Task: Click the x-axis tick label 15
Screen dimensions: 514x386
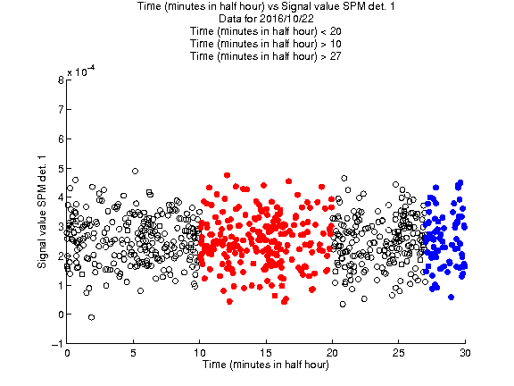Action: (266, 353)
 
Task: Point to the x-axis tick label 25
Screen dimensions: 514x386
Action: (398, 353)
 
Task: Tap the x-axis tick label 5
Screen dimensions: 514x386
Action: (133, 353)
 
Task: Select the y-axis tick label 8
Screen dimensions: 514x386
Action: (61, 80)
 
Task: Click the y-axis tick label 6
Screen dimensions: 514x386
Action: (61, 138)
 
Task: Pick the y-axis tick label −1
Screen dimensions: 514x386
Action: (57, 343)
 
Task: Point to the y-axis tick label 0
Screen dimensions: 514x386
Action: (61, 315)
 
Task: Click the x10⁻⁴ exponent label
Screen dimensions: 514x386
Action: (81, 71)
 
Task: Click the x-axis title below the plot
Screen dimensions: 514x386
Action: (266, 365)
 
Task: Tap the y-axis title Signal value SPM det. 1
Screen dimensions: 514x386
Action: (42, 212)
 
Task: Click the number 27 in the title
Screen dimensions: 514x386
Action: (335, 56)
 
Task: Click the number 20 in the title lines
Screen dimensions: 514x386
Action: (336, 31)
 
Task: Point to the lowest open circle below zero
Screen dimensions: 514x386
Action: (91, 317)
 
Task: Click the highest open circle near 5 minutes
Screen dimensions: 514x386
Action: (135, 171)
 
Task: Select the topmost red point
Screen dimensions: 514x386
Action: (227, 175)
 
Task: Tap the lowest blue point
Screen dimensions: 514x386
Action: (451, 297)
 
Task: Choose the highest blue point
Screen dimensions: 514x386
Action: (460, 182)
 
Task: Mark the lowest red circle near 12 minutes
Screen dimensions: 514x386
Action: (229, 301)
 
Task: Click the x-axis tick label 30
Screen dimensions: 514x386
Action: (465, 353)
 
